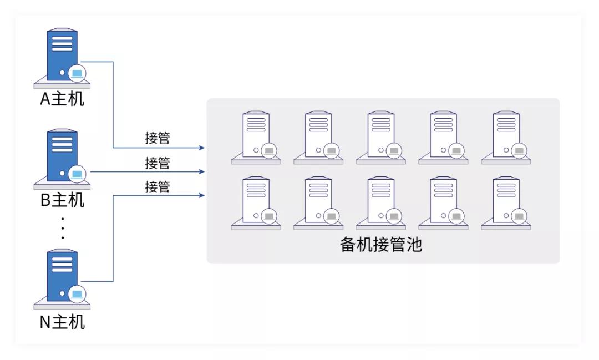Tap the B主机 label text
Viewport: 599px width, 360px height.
[62, 200]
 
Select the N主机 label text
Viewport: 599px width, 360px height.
[62, 322]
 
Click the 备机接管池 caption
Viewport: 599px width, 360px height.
[381, 245]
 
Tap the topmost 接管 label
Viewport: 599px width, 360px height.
[158, 138]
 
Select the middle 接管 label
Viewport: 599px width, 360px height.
[158, 163]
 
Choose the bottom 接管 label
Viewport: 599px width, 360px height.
[158, 187]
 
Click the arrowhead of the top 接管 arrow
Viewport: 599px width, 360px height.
[202, 148]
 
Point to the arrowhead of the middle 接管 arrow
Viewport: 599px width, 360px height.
[202, 171]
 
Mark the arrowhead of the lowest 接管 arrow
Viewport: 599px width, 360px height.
[202, 195]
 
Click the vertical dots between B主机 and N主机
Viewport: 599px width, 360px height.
[63, 227]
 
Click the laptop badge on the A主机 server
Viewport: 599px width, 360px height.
[77, 73]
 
